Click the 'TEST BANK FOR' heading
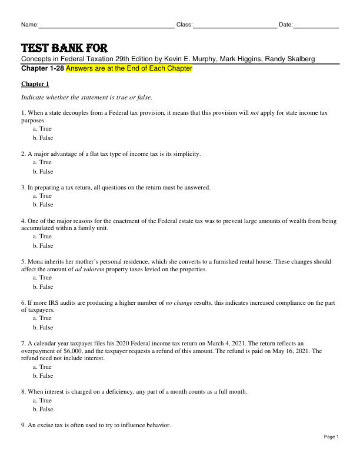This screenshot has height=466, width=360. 65,48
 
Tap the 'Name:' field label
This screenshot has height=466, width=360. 29,25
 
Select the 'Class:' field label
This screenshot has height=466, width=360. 185,25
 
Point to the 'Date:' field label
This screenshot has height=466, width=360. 285,25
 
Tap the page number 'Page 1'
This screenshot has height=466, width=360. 331,437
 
